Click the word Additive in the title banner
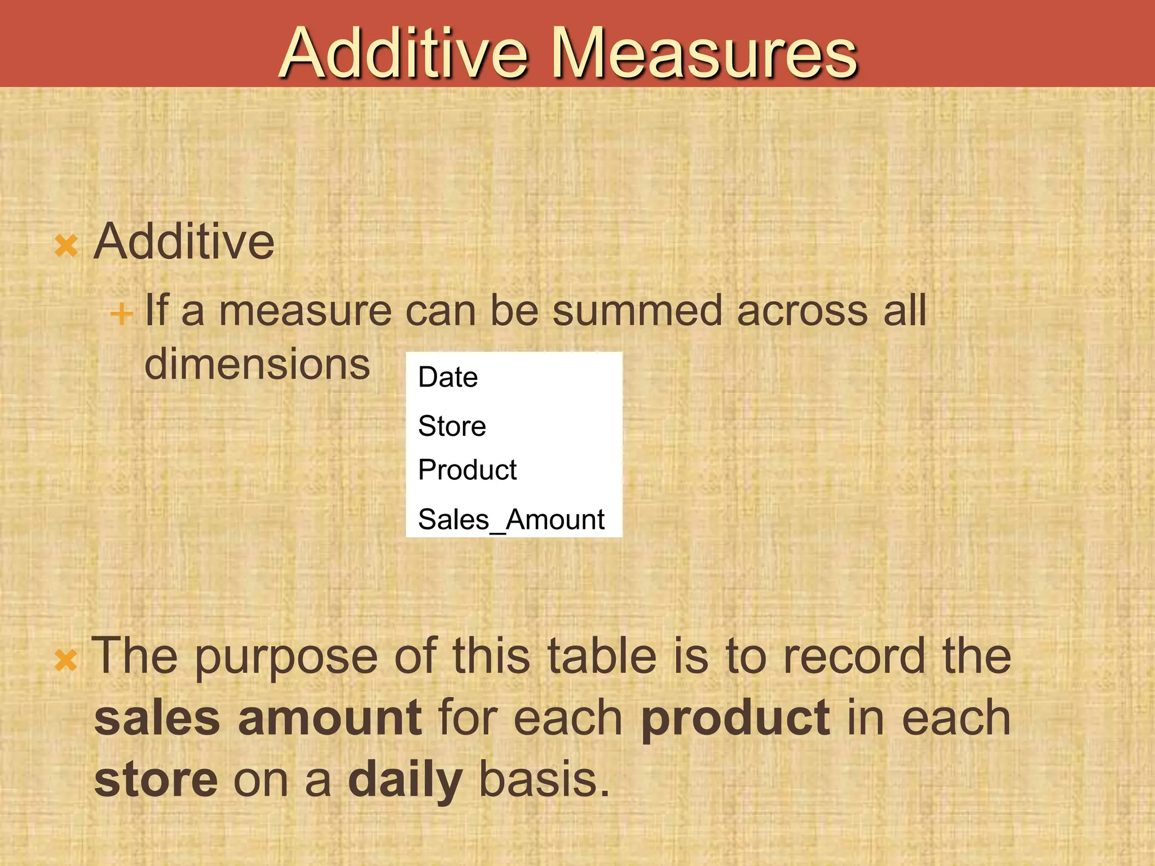pyautogui.click(x=404, y=54)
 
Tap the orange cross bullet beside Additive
pyautogui.click(x=66, y=246)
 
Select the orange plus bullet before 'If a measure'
pyautogui.click(x=121, y=313)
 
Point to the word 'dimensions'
pyautogui.click(x=257, y=364)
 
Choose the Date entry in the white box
pyautogui.click(x=448, y=377)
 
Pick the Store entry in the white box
pyautogui.click(x=452, y=426)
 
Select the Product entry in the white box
pyautogui.click(x=467, y=470)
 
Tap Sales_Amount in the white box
pyautogui.click(x=511, y=519)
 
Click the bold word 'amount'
pyautogui.click(x=329, y=718)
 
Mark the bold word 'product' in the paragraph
pyautogui.click(x=735, y=719)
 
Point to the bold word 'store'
pyautogui.click(x=156, y=779)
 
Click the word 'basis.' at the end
pyautogui.click(x=544, y=779)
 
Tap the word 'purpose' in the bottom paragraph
pyautogui.click(x=286, y=657)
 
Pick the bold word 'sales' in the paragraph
pyautogui.click(x=157, y=718)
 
